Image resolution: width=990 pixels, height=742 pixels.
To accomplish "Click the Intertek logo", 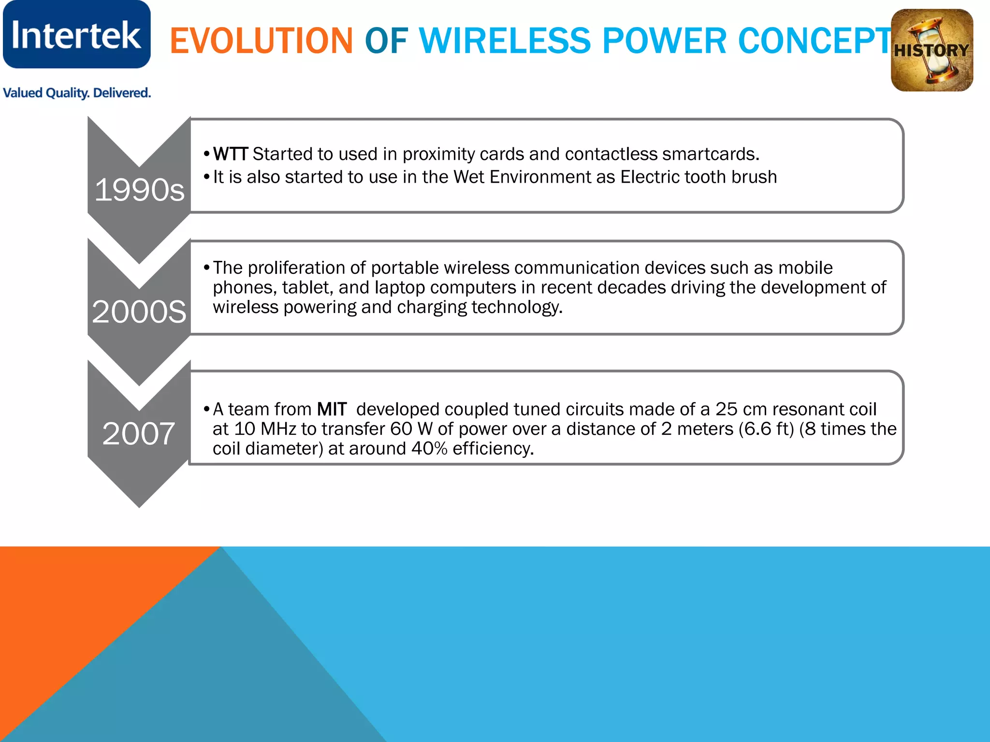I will tap(76, 35).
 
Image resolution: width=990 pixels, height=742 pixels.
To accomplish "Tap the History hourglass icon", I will tap(932, 50).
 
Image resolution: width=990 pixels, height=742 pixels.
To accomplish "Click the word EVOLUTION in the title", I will tap(261, 41).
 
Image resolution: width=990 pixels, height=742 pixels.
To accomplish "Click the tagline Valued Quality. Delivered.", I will tap(77, 93).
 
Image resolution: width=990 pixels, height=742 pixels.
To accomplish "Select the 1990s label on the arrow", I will tap(139, 190).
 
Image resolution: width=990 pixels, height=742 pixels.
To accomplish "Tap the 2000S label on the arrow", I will tap(139, 312).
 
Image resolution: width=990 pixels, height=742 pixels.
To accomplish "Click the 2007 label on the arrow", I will tap(139, 433).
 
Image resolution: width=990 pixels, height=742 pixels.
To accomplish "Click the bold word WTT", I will tap(231, 154).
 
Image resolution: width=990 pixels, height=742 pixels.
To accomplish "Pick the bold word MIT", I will tap(332, 409).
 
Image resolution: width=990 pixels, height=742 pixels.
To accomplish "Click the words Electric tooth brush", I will tap(699, 177).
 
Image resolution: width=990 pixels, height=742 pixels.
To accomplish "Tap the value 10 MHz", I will tap(265, 429).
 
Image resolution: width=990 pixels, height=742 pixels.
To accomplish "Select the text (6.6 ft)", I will tap(766, 429).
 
